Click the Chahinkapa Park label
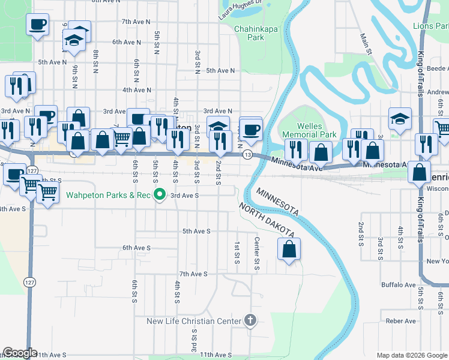(x=249, y=32)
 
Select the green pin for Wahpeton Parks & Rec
(x=159, y=194)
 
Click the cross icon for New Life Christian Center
(x=251, y=321)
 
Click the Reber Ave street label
(x=402, y=321)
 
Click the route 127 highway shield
(x=28, y=281)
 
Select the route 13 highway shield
(x=247, y=155)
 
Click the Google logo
(x=20, y=353)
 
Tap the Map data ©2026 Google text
(x=411, y=355)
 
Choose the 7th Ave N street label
(x=135, y=21)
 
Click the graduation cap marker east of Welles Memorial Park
(x=399, y=119)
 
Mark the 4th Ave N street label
(x=136, y=90)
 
